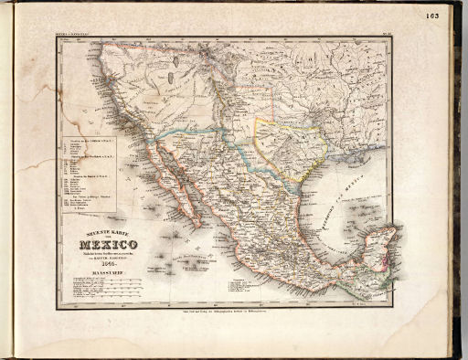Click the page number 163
(x=432, y=15)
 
